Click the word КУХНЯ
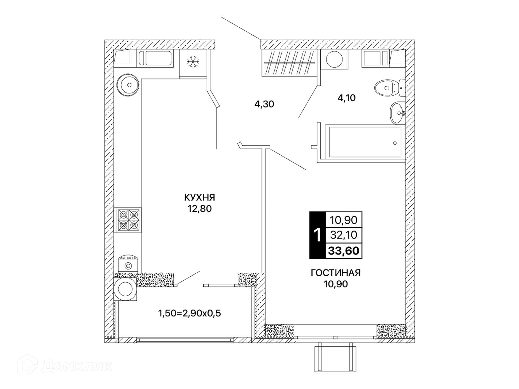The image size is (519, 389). [199, 197]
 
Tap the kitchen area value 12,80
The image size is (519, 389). [200, 209]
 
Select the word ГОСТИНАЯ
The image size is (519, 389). [336, 273]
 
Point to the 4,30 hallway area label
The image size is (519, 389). [264, 104]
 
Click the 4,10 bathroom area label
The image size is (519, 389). [347, 98]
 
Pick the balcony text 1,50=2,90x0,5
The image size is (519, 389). [189, 313]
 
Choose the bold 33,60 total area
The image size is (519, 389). [344, 251]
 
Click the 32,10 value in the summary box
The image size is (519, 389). [344, 235]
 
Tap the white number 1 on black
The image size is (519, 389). [318, 235]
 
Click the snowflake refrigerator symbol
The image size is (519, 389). [193, 62]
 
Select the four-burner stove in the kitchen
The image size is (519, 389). [128, 220]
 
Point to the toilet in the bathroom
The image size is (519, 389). [390, 88]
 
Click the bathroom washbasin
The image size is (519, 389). [398, 113]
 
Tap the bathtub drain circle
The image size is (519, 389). [395, 143]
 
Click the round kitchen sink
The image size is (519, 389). [128, 85]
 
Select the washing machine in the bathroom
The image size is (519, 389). [334, 59]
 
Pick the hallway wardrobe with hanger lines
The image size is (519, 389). [289, 63]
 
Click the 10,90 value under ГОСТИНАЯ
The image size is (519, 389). [336, 284]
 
